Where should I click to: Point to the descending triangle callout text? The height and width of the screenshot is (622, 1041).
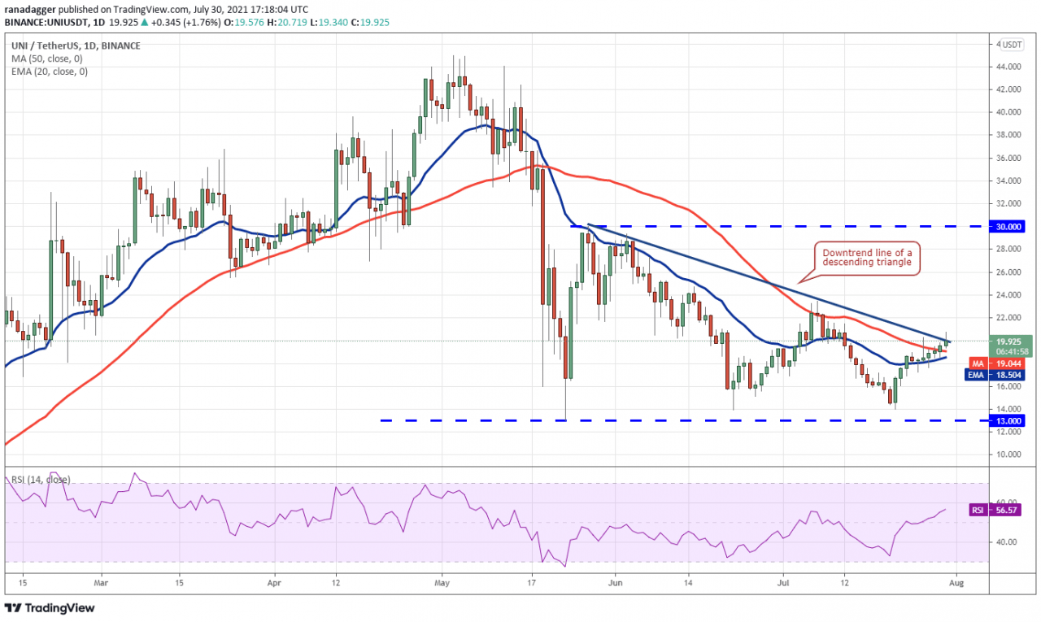click(x=867, y=258)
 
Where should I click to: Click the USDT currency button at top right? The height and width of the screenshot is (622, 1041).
click(x=1012, y=44)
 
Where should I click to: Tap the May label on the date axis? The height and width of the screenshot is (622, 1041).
click(x=442, y=583)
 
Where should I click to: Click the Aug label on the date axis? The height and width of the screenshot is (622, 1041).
click(x=956, y=583)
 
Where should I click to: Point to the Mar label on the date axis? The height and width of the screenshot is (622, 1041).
click(x=101, y=583)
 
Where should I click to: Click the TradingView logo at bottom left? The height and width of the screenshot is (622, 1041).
click(x=50, y=607)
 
